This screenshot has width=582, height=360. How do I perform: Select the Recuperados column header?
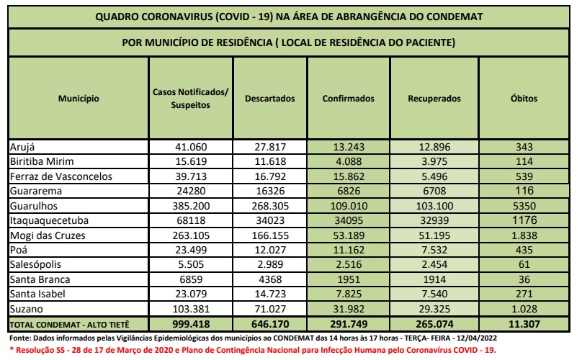(x=434, y=99)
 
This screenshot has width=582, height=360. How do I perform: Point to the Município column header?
(x=79, y=99)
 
